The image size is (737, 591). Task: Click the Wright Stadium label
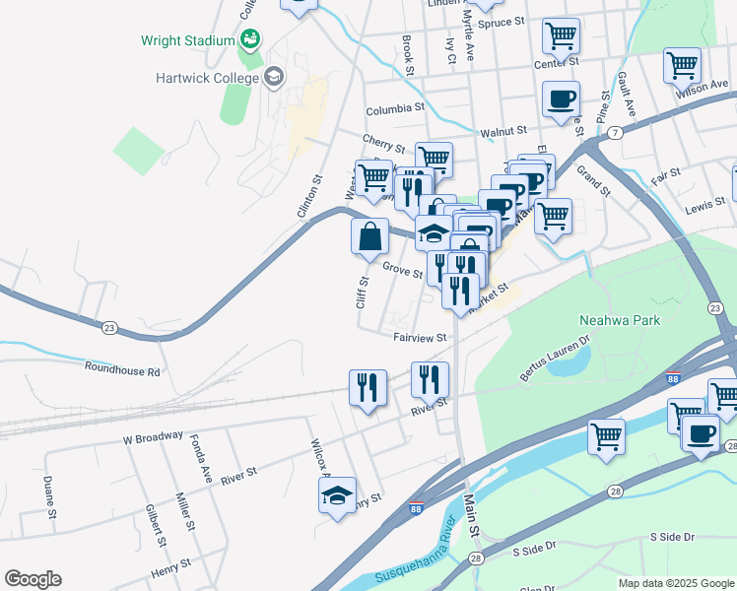pos(187,40)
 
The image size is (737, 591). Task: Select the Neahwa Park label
pos(620,320)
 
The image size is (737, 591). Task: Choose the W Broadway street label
pos(153,436)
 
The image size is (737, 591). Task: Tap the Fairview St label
pos(420,337)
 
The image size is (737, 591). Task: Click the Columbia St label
pos(394,109)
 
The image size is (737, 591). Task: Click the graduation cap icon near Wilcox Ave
pos(337,495)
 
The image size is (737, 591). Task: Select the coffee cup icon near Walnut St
pos(561,98)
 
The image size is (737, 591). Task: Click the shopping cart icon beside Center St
pos(561,36)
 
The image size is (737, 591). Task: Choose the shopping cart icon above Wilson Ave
pos(682,65)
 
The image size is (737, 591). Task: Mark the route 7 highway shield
pos(615,132)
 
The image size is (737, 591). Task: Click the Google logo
pos(33,579)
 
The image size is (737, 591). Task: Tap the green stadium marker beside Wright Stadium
pos(250,39)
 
